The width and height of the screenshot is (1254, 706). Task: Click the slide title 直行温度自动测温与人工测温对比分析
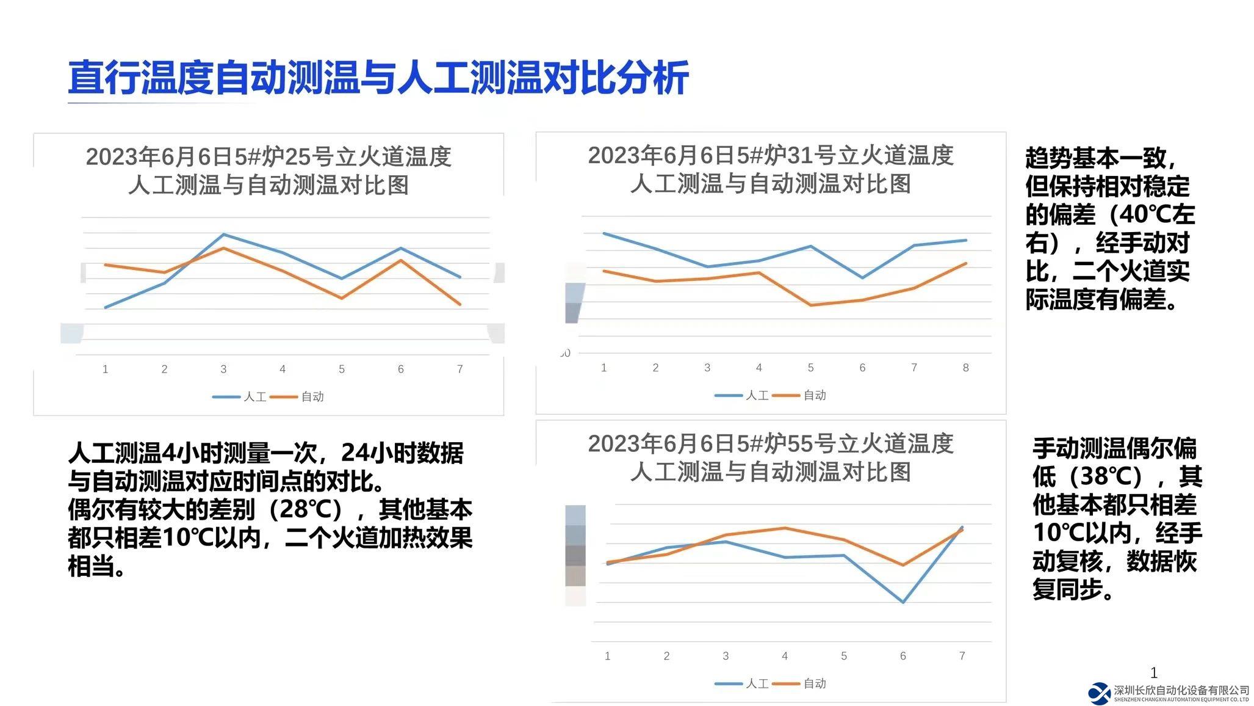click(x=378, y=78)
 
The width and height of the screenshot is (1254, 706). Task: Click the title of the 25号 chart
click(x=268, y=170)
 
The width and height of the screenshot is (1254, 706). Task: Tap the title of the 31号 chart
click(x=770, y=169)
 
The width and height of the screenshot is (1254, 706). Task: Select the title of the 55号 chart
click(x=770, y=457)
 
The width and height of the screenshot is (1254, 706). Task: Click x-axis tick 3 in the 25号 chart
click(x=223, y=369)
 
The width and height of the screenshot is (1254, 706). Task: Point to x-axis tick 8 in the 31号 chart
click(x=965, y=368)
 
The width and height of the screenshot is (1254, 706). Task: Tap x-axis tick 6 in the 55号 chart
click(x=903, y=656)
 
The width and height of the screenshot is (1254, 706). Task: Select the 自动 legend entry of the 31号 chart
click(x=800, y=396)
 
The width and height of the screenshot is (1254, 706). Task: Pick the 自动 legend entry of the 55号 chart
click(x=800, y=684)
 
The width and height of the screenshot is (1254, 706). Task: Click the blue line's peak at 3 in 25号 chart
click(x=224, y=235)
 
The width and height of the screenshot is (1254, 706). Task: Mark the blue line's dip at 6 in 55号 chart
click(x=903, y=602)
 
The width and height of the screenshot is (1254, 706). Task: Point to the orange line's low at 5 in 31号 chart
click(x=810, y=305)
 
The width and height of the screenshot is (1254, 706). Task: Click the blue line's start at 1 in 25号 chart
click(x=106, y=307)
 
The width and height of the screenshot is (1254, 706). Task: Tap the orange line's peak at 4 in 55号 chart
click(x=785, y=528)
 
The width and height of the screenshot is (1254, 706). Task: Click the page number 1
click(x=1153, y=673)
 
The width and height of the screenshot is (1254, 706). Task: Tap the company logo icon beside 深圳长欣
click(x=1100, y=693)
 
